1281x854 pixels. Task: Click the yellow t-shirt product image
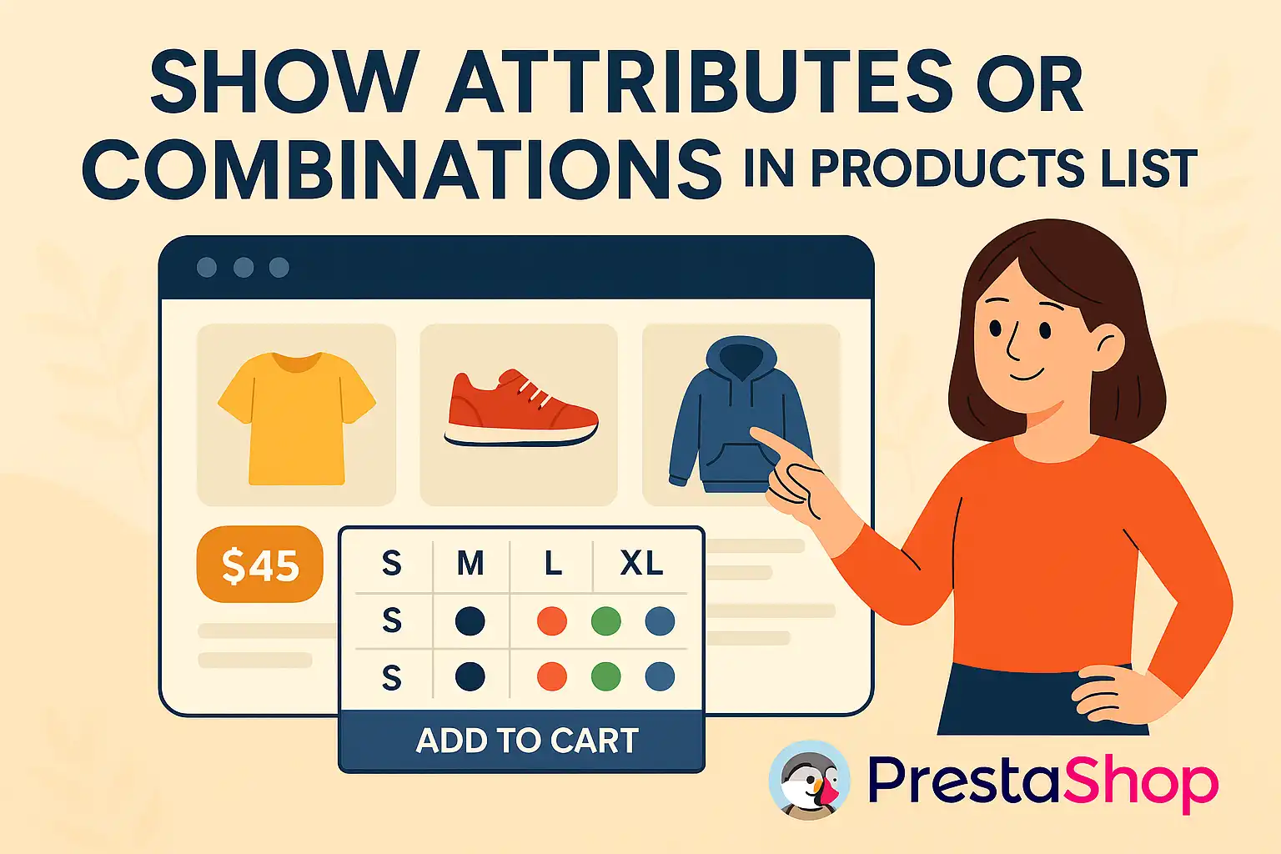[x=296, y=418]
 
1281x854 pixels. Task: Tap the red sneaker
[x=521, y=407]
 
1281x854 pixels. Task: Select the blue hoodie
[x=740, y=414]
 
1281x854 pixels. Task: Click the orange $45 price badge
[x=259, y=564]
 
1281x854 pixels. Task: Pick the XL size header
[x=641, y=564]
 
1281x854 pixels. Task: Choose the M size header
[x=470, y=564]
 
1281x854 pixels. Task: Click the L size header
[x=552, y=564]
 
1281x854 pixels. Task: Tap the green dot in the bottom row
[x=605, y=676]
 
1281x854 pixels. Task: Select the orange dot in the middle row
[x=552, y=621]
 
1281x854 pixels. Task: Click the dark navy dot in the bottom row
[x=470, y=676]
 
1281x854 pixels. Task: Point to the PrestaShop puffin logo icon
[x=809, y=781]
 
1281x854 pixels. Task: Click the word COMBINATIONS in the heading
[x=402, y=167]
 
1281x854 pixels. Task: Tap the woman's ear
[x=1109, y=345]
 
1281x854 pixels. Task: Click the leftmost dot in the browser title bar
[x=207, y=267]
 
